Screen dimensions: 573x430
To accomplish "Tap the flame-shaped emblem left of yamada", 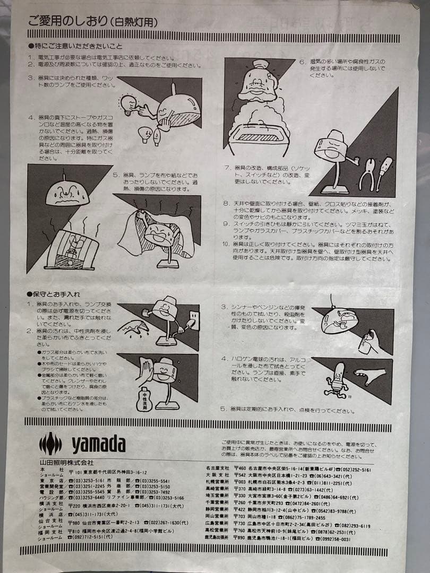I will click(x=50, y=444).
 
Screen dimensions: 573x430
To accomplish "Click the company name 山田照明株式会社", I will click(x=59, y=463).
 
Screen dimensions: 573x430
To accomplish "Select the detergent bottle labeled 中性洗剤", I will click(x=144, y=398).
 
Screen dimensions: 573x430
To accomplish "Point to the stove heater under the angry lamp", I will click(x=72, y=250).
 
